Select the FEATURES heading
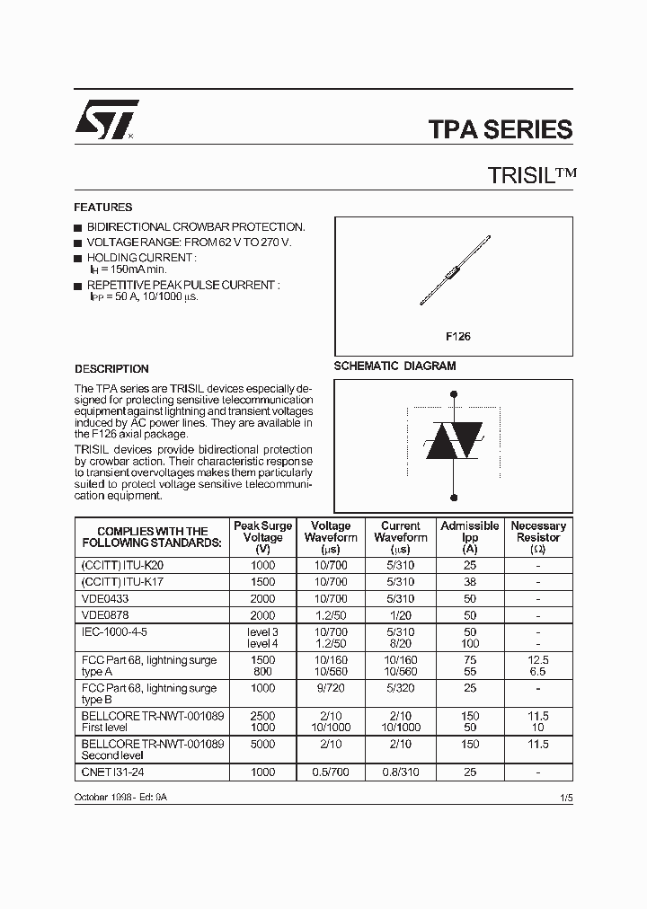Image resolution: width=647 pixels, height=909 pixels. tap(103, 207)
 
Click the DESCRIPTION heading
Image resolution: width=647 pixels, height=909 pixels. tap(111, 368)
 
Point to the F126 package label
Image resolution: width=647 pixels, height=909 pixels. tap(458, 337)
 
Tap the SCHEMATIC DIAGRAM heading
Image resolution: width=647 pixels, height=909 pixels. tap(394, 366)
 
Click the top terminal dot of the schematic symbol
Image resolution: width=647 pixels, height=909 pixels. tap(453, 393)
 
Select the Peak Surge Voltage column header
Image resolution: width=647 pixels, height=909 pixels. tap(262, 537)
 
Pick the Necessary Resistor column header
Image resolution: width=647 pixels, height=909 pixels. tap(538, 537)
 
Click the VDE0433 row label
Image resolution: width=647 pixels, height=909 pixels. tap(104, 598)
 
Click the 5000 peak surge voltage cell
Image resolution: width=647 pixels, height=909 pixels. tap(262, 744)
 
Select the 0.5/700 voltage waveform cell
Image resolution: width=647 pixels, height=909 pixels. tap(331, 772)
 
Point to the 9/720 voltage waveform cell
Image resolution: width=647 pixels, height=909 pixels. tap(331, 687)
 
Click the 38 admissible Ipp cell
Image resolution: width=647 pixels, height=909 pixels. tap(469, 581)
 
